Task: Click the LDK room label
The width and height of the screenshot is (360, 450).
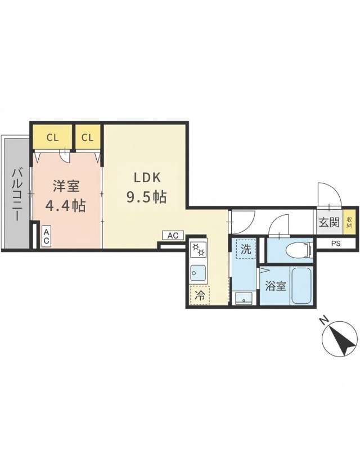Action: (147, 178)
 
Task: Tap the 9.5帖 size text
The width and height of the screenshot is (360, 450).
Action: (146, 197)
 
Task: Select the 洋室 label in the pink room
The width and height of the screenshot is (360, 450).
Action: (65, 186)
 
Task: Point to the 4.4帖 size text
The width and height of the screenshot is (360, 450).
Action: (65, 206)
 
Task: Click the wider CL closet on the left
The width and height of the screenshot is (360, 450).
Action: (52, 137)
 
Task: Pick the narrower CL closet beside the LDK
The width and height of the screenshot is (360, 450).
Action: (87, 137)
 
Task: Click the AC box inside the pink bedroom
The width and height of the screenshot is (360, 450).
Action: (46, 236)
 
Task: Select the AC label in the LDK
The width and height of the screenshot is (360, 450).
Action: (173, 235)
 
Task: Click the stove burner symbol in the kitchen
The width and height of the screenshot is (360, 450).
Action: (199, 248)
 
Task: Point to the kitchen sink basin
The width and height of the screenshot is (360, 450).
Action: (197, 274)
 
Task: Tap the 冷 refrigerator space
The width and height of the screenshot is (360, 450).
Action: (199, 294)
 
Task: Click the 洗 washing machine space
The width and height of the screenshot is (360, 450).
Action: (246, 249)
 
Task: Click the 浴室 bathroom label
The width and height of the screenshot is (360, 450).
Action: (276, 286)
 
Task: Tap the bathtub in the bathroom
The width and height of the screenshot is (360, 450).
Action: (303, 286)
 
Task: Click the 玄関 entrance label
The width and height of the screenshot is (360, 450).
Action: (326, 222)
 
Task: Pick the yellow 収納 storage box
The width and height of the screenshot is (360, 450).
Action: (349, 222)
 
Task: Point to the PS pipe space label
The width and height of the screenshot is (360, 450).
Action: (336, 244)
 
